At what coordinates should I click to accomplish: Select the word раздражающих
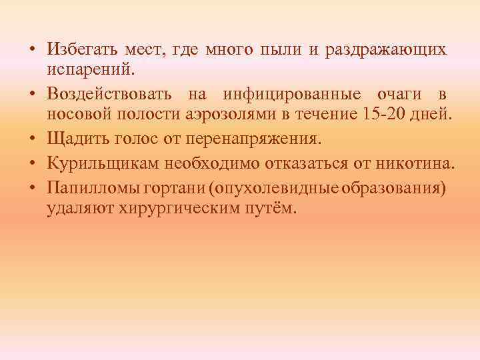[386, 49]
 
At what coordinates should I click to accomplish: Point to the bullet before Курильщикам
[33, 163]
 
